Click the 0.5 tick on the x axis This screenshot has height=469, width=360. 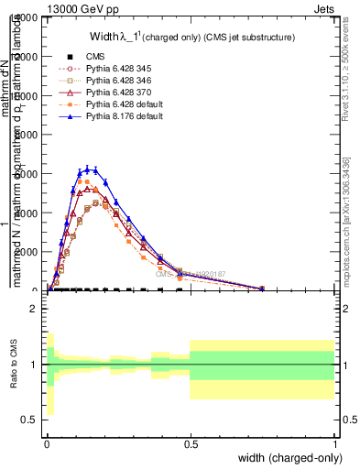pos(191,443)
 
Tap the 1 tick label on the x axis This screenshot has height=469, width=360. pos(334,443)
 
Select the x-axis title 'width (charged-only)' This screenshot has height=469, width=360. pos(291,458)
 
